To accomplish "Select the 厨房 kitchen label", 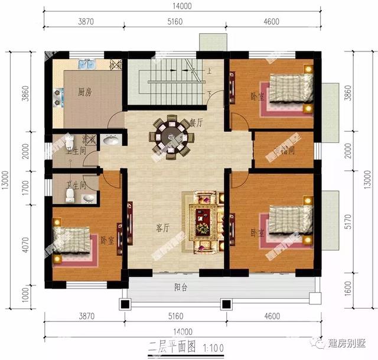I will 85,92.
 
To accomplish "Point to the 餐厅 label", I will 196,123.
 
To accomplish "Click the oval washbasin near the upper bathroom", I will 110,141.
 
